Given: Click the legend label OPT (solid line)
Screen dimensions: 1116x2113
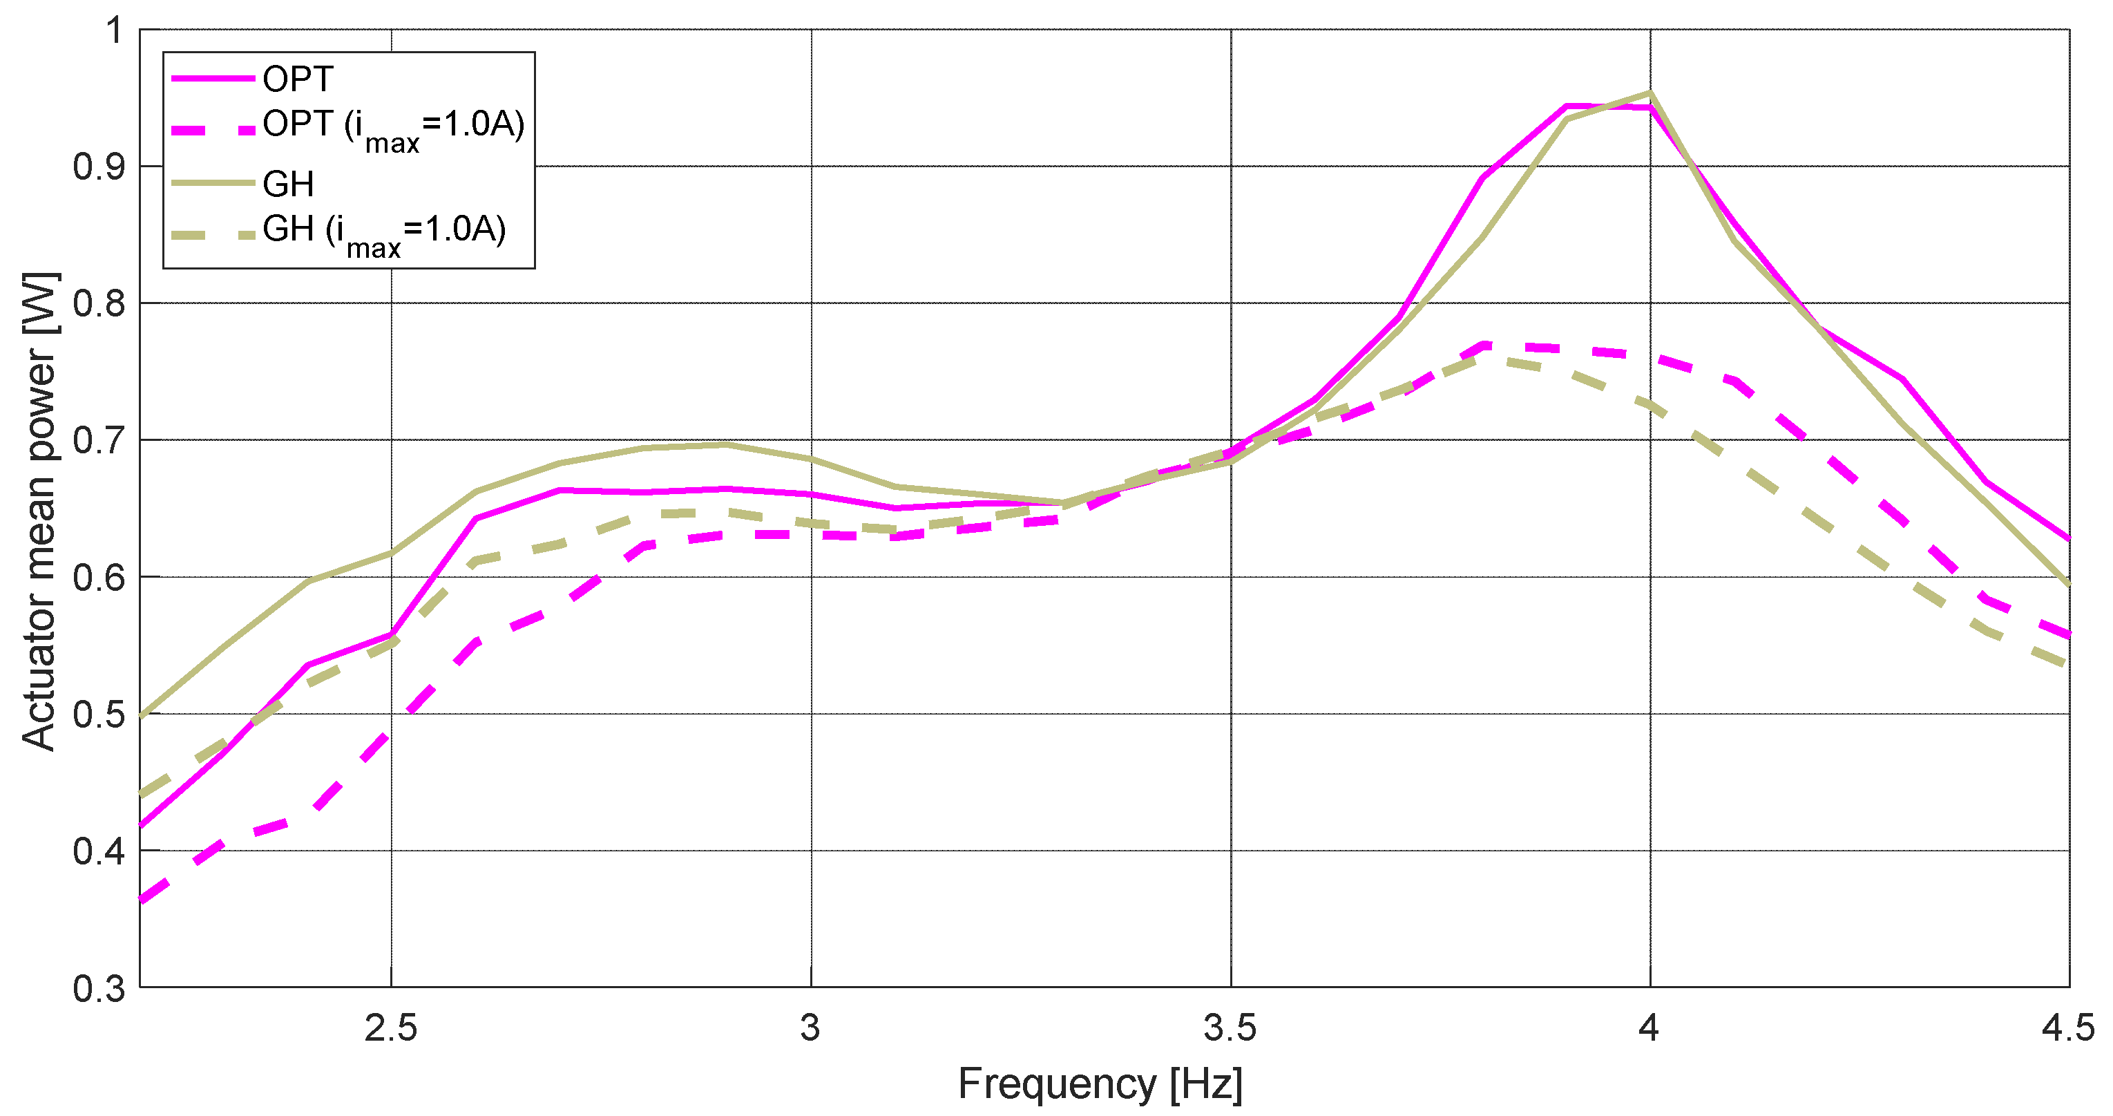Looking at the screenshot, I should [x=298, y=79].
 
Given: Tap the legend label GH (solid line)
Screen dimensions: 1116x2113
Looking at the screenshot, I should [x=288, y=184].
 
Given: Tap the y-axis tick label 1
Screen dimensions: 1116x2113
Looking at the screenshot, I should [x=114, y=30].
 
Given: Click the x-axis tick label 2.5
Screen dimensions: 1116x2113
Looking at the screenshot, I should [x=390, y=1028].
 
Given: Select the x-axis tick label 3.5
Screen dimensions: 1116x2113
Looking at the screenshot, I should [x=1230, y=1028].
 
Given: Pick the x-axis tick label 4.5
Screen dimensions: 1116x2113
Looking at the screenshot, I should [x=2068, y=1028].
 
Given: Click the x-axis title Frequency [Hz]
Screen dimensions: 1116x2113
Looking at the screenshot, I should [x=1100, y=1084].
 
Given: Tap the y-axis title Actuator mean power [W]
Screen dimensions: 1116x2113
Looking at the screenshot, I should [x=39, y=511].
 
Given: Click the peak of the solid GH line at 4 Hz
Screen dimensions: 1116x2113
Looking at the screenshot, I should [x=1650, y=93].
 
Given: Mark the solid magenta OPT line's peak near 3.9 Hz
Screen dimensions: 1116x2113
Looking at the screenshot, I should [x=1567, y=106].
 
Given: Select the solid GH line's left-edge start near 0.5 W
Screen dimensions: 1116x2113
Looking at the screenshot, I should [x=142, y=717].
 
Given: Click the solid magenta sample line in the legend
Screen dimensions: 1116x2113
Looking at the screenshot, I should [x=213, y=79].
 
